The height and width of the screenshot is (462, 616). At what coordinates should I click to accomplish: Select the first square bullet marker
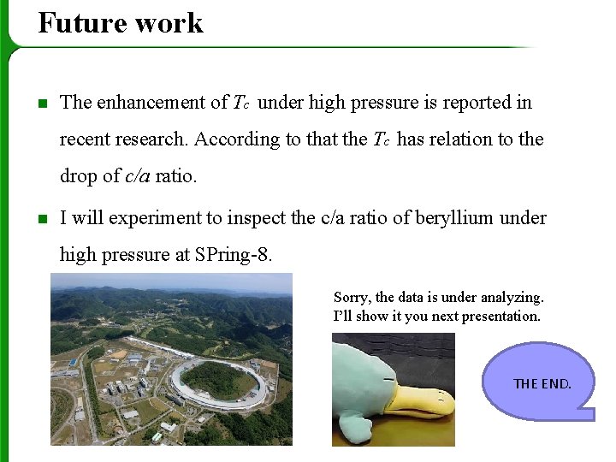coord(42,104)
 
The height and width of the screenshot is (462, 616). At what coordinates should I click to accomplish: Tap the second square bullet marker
coord(42,219)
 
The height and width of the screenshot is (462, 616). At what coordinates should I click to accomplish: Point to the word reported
coord(471,103)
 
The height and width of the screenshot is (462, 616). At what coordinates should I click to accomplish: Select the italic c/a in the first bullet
coord(138,176)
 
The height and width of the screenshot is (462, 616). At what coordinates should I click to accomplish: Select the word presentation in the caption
coord(501,316)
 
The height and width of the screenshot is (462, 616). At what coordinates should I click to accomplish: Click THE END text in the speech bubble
coord(542,383)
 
